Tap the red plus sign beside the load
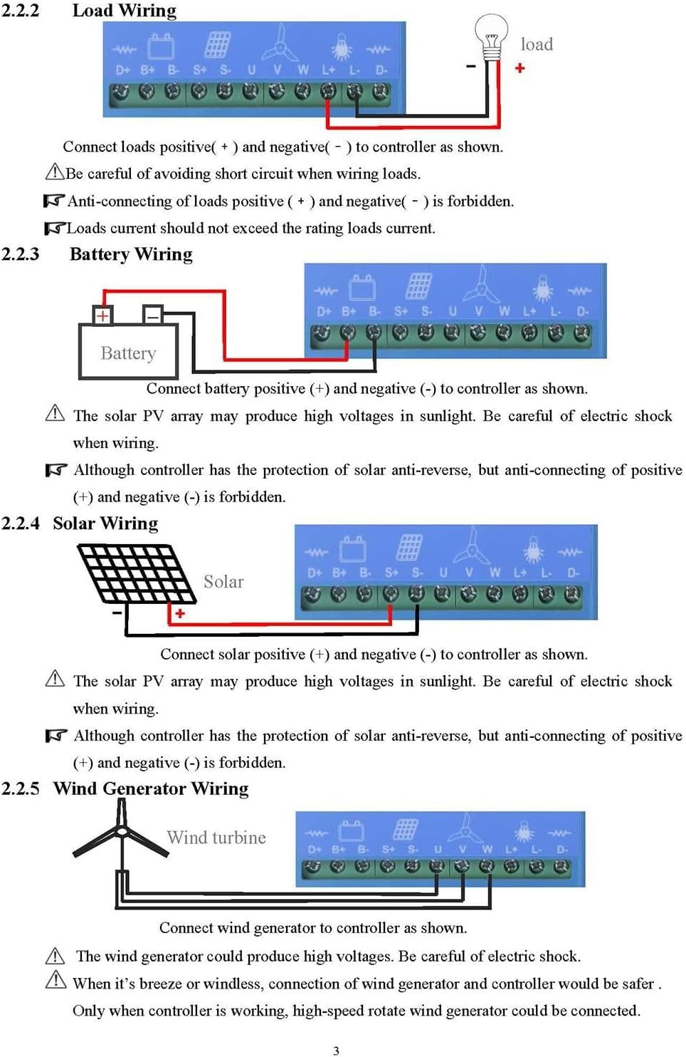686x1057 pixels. coord(520,68)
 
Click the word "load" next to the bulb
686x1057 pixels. coord(537,44)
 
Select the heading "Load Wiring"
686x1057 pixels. coord(125,11)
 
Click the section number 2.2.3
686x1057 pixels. coord(21,254)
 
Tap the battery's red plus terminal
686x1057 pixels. coord(103,315)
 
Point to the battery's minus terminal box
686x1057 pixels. coord(152,315)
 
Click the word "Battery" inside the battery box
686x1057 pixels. coord(128,353)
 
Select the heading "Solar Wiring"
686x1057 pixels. coord(105,524)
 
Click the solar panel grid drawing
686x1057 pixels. coord(135,573)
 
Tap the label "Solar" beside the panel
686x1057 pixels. coord(223,582)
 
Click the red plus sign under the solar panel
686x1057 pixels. coord(180,613)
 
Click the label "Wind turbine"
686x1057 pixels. coord(216,838)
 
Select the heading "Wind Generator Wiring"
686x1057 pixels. coord(151,788)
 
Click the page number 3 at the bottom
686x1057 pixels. coord(336,1050)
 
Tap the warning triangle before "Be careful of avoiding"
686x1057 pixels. coord(55,172)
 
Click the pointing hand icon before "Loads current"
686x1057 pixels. coord(55,229)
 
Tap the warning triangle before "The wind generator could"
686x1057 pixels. coord(55,956)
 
